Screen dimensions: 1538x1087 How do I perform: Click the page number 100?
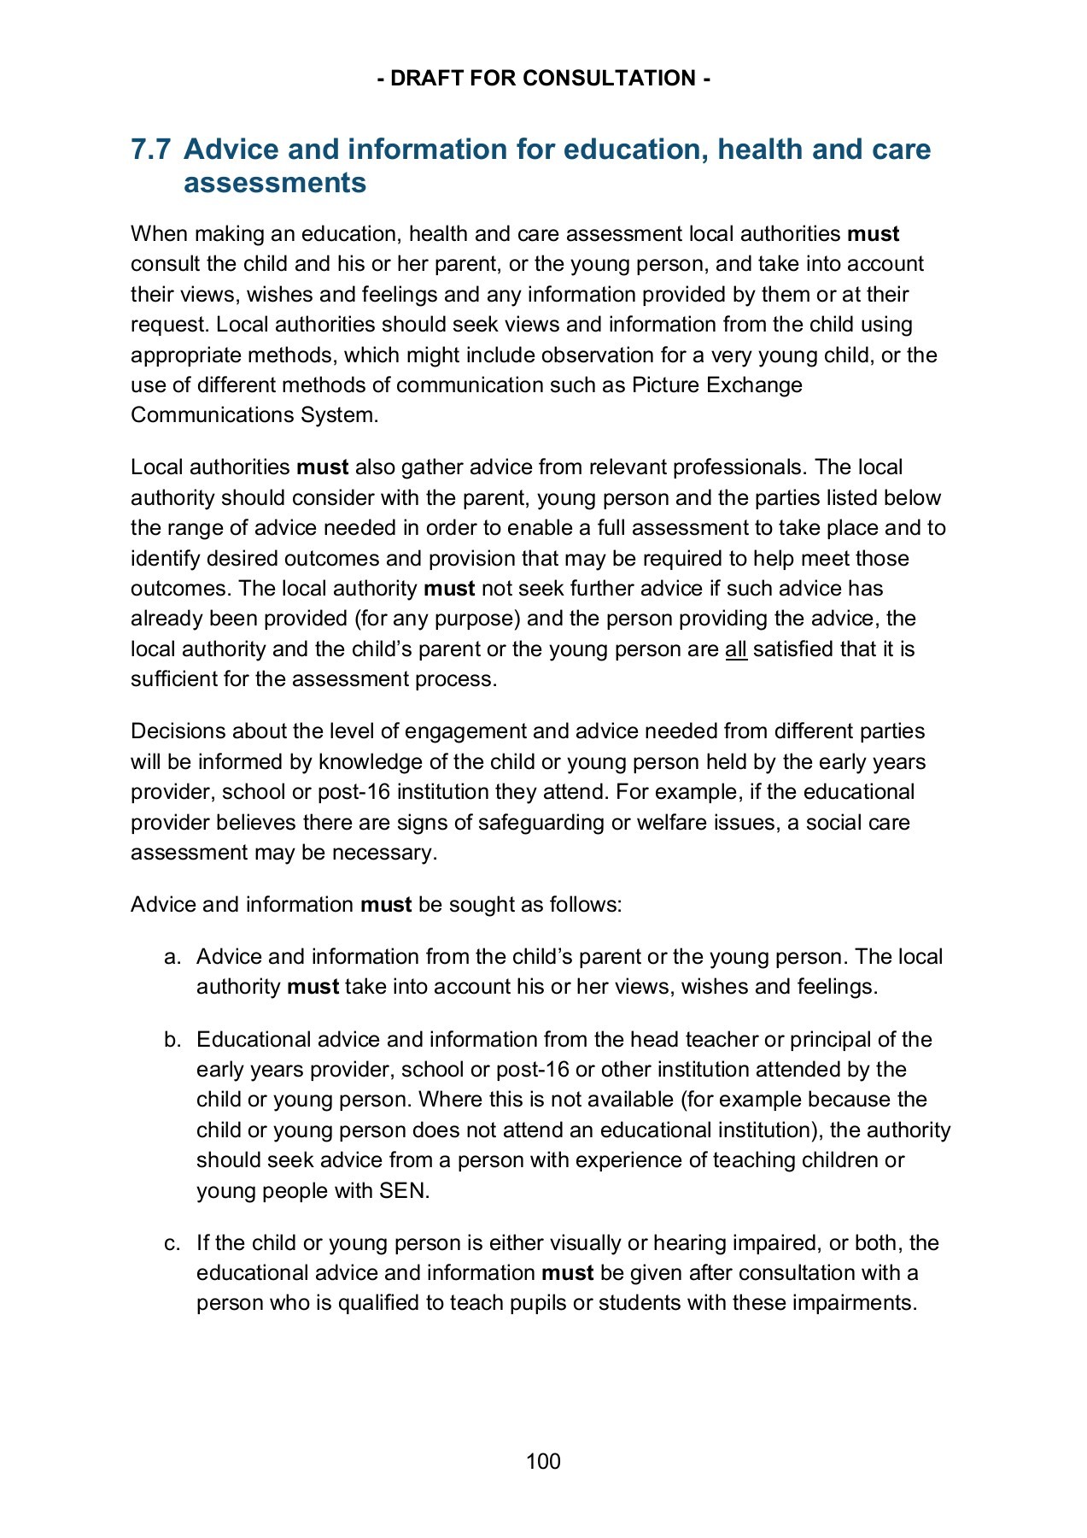click(x=543, y=1461)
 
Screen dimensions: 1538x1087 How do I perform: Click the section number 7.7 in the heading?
click(x=150, y=150)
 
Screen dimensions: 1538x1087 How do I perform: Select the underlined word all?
click(x=735, y=649)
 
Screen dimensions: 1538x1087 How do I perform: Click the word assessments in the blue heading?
click(x=275, y=183)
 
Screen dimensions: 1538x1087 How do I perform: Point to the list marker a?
click(x=172, y=957)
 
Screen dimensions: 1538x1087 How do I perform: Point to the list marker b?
click(x=172, y=1040)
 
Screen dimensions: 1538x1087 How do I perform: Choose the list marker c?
click(x=172, y=1243)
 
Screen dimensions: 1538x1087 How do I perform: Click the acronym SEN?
click(x=403, y=1191)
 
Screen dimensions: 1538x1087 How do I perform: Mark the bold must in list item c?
click(x=567, y=1273)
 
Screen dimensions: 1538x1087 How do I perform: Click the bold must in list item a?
click(x=313, y=987)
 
